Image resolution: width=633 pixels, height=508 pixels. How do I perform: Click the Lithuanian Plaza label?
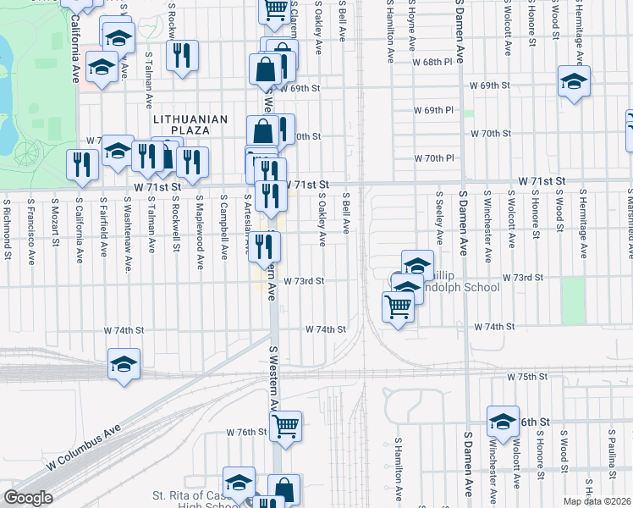[190, 119]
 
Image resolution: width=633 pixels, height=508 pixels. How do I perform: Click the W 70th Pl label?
[434, 158]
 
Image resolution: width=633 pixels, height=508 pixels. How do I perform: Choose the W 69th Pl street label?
[434, 111]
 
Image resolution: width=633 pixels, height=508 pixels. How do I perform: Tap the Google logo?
[29, 497]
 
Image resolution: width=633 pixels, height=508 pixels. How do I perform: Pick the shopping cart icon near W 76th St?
[285, 425]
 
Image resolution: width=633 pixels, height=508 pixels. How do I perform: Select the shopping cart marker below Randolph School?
[398, 306]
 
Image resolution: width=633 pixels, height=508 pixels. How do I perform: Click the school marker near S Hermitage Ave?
[574, 82]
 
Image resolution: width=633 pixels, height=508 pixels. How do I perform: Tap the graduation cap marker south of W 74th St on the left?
[124, 365]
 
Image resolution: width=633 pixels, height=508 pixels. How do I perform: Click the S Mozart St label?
[55, 223]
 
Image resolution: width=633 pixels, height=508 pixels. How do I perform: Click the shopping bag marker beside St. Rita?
[283, 489]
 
